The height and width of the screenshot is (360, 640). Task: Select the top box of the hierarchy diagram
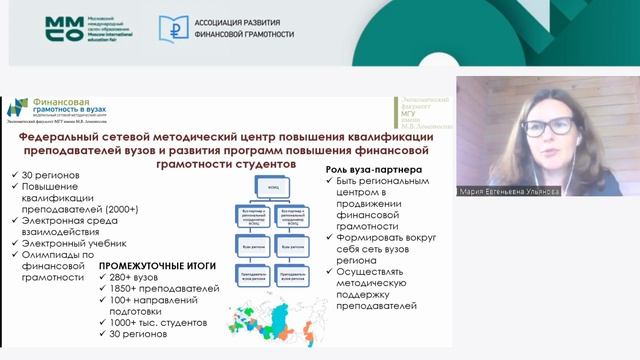pos(271,186)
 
